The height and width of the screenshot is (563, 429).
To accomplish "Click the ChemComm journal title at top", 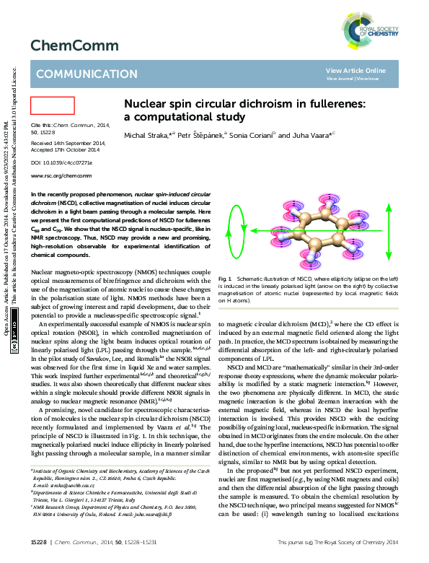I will pyautogui.click(x=74, y=45).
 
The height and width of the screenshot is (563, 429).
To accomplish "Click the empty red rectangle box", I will pyautogui.click(x=53, y=105).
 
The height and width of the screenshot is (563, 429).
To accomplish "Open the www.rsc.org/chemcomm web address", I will pyautogui.click(x=61, y=175).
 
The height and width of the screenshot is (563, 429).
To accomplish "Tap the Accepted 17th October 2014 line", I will pyautogui.click(x=65, y=150).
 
